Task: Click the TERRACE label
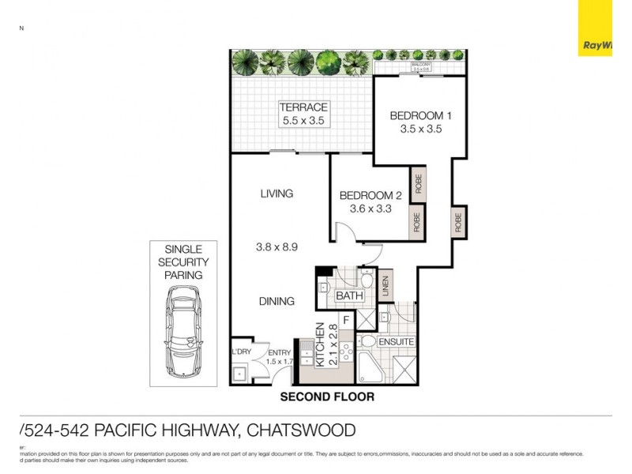(x=304, y=107)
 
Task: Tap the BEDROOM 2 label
(x=371, y=196)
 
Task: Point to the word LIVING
(x=276, y=194)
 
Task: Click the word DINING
(x=276, y=301)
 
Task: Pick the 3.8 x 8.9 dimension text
(x=276, y=246)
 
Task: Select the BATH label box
(x=348, y=296)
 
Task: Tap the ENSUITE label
(x=397, y=341)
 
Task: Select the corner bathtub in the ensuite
(x=371, y=368)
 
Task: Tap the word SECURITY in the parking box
(x=183, y=261)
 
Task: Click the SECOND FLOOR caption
(x=327, y=397)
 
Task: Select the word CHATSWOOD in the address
(x=301, y=431)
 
